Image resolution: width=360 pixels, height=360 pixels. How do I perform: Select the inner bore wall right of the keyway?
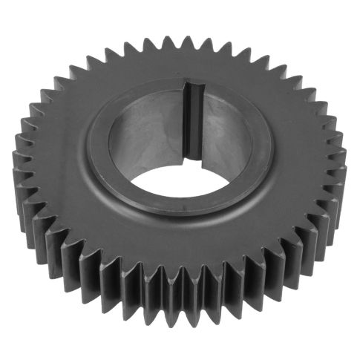(230, 134)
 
